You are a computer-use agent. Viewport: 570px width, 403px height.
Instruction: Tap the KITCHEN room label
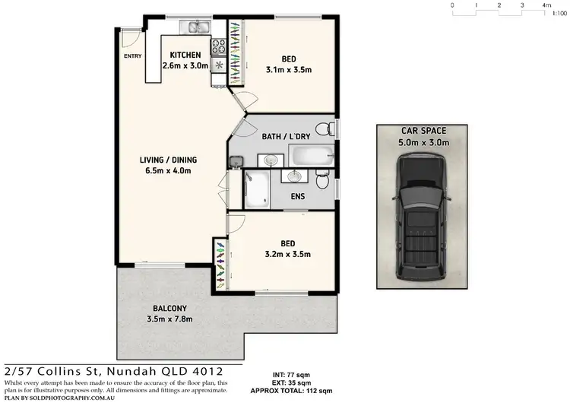tap(185, 55)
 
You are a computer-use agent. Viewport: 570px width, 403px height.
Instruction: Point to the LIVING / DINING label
tap(168, 160)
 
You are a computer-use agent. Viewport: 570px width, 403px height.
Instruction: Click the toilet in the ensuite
tap(322, 182)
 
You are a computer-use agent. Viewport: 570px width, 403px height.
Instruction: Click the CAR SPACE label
tap(425, 132)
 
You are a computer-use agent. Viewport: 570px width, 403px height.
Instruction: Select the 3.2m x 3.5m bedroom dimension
tap(287, 254)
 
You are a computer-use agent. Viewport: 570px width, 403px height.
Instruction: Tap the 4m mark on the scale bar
tap(546, 5)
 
